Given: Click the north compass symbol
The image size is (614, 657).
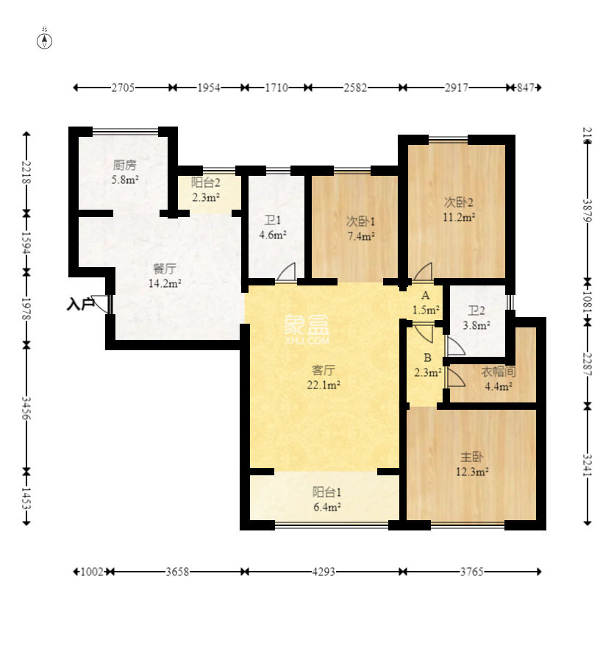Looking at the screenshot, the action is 44,41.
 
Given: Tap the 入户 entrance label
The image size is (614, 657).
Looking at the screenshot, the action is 79,304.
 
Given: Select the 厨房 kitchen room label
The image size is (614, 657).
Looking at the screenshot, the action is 125,165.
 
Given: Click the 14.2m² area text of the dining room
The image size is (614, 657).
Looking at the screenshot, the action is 165,284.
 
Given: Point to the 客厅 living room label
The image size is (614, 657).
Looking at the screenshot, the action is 324,370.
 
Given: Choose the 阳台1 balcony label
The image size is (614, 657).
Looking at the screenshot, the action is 326,492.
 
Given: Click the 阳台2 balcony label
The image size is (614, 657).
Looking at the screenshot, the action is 206,182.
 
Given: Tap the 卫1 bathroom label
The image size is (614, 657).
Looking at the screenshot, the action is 273,220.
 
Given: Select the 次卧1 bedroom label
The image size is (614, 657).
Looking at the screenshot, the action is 360,221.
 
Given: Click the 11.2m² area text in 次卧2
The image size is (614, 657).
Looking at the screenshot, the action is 459,218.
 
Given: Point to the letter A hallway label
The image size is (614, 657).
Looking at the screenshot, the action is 426,296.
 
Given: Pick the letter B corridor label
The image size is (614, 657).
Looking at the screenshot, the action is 428,358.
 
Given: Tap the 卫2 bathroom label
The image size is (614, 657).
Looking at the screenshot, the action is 476,310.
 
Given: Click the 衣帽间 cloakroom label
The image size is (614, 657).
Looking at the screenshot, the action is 499,372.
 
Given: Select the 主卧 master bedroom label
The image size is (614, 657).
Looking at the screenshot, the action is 472,456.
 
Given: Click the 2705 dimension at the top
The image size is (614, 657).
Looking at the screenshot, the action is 123,88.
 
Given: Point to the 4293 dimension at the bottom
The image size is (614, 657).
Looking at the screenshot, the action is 324,572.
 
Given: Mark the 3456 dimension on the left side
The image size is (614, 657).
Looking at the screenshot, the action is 26,408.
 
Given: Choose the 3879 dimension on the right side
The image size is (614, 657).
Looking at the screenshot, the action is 588,210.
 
